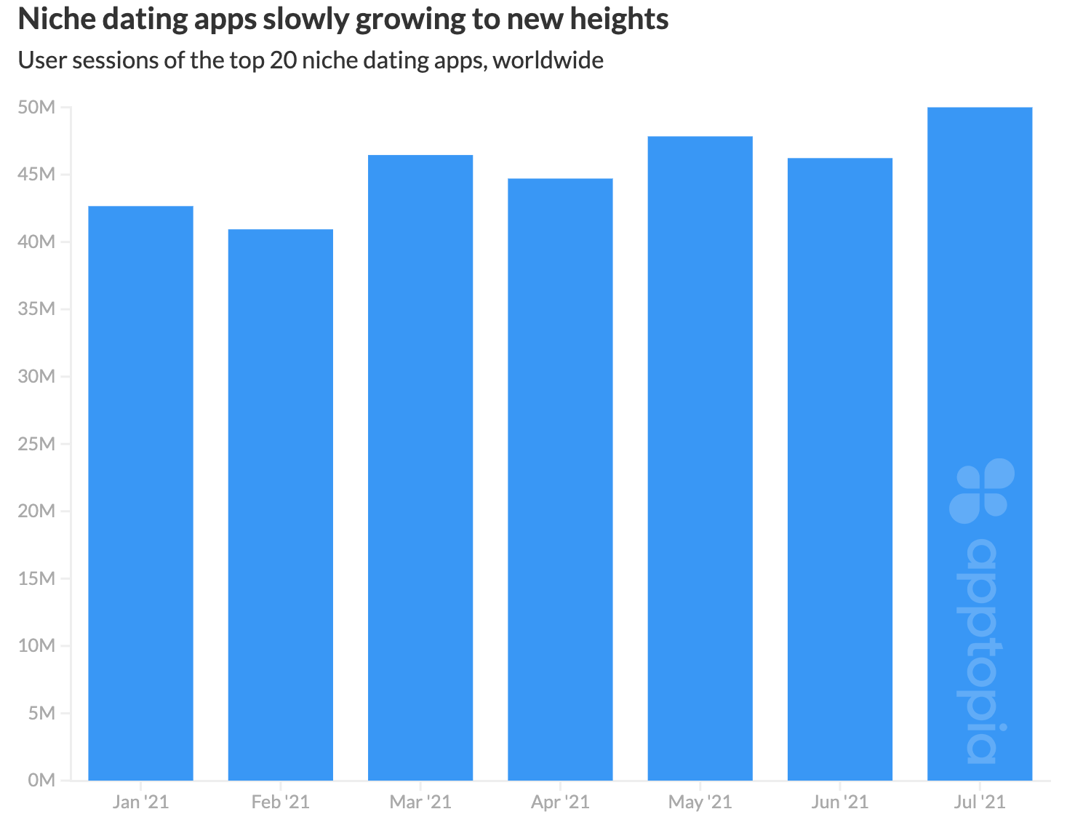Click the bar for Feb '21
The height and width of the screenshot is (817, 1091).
click(281, 505)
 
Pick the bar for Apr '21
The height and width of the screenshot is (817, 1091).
click(560, 479)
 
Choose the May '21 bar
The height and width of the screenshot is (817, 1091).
click(700, 458)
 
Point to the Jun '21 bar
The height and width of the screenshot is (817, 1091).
click(840, 469)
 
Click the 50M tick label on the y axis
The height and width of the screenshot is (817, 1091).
click(37, 108)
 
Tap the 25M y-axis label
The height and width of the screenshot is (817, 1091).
click(37, 444)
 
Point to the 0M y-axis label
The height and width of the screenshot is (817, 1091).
click(41, 780)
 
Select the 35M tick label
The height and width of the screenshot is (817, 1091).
click(37, 309)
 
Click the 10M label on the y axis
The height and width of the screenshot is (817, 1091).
click(37, 645)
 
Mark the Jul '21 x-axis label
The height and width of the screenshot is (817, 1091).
click(980, 802)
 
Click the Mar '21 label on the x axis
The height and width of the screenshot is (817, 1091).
click(420, 802)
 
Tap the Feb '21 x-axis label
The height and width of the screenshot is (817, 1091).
click(281, 802)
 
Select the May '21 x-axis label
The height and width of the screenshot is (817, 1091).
click(700, 802)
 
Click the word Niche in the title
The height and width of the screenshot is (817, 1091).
click(55, 20)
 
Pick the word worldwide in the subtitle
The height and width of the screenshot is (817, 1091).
click(548, 60)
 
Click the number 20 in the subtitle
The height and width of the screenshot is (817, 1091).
click(283, 60)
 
